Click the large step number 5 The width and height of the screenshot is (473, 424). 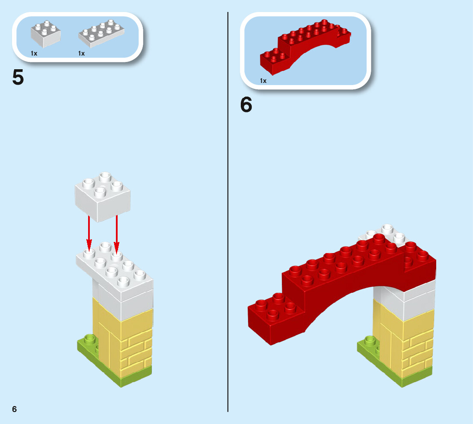coord(18,77)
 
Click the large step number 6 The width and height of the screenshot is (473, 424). coord(246,105)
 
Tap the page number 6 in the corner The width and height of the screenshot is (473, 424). coord(15,409)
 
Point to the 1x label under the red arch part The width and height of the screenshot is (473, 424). coord(263,80)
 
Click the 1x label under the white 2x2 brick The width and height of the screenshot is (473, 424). coord(34,53)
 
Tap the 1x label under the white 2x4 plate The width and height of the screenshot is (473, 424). coord(82,53)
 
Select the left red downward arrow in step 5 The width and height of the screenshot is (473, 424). coord(89,233)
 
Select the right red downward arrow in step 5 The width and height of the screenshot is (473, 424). coord(116,233)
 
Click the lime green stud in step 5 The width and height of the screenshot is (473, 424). coord(90,340)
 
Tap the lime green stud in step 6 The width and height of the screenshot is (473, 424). coord(370,341)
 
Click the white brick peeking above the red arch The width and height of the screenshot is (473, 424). coord(385,233)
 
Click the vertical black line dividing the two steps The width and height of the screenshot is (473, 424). coord(228,214)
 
